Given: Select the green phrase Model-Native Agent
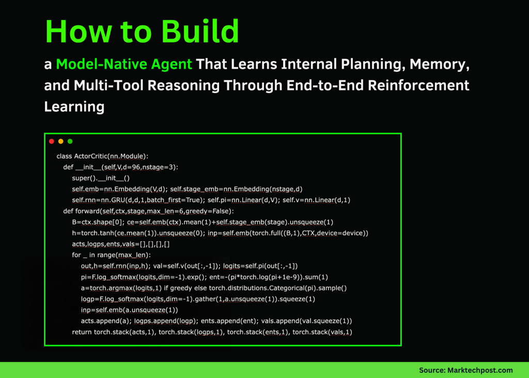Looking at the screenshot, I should pos(124,65).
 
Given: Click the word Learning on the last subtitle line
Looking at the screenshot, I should pos(74,107).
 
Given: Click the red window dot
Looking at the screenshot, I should pos(52,141).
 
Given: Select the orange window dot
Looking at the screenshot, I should pos(61,141).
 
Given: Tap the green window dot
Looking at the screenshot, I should pos(70,141).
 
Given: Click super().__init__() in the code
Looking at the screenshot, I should pos(101,178).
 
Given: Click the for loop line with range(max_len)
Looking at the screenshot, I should pos(111,255).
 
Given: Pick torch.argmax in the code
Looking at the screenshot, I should pos(107,288).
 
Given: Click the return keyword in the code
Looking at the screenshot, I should pos(82,332).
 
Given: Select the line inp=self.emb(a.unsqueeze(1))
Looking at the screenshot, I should pos(129,310).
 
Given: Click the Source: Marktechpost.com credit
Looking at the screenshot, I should pos(465,370).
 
